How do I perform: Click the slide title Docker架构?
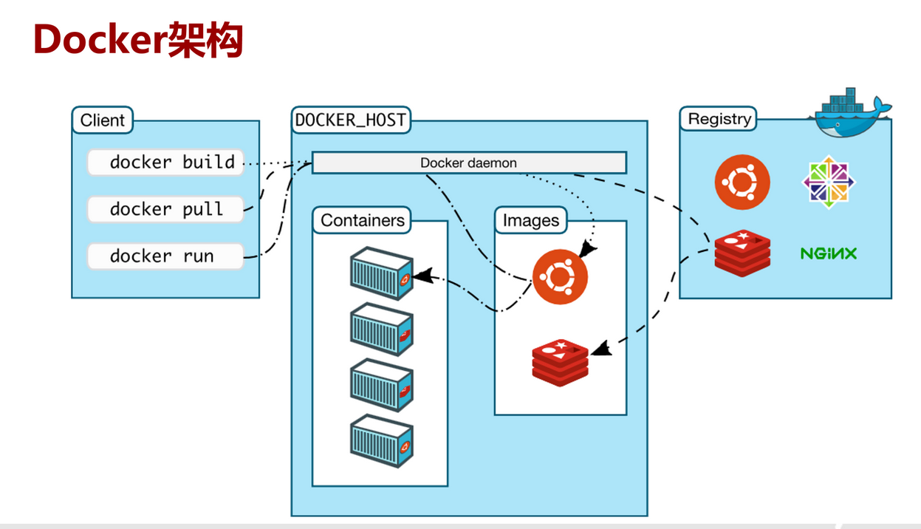click(x=138, y=39)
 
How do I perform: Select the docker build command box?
click(x=165, y=163)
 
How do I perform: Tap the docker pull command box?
click(x=165, y=209)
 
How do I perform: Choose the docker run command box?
click(x=165, y=256)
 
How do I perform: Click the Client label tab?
click(x=103, y=120)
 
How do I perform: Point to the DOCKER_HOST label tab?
click(x=351, y=120)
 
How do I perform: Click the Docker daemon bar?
click(x=469, y=163)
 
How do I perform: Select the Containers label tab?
click(x=362, y=220)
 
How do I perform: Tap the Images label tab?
click(x=531, y=220)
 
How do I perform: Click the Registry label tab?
click(x=719, y=119)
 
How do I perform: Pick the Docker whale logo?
click(x=852, y=113)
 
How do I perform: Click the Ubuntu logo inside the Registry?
click(x=742, y=182)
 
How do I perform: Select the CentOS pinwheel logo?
click(x=829, y=182)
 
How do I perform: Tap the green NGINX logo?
click(x=829, y=253)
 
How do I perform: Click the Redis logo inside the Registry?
click(x=742, y=253)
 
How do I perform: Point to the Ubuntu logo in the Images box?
click(x=560, y=277)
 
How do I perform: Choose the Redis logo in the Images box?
click(x=560, y=363)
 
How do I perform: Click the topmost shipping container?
click(x=382, y=273)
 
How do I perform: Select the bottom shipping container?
click(x=382, y=441)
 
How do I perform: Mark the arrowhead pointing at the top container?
click(x=422, y=276)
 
